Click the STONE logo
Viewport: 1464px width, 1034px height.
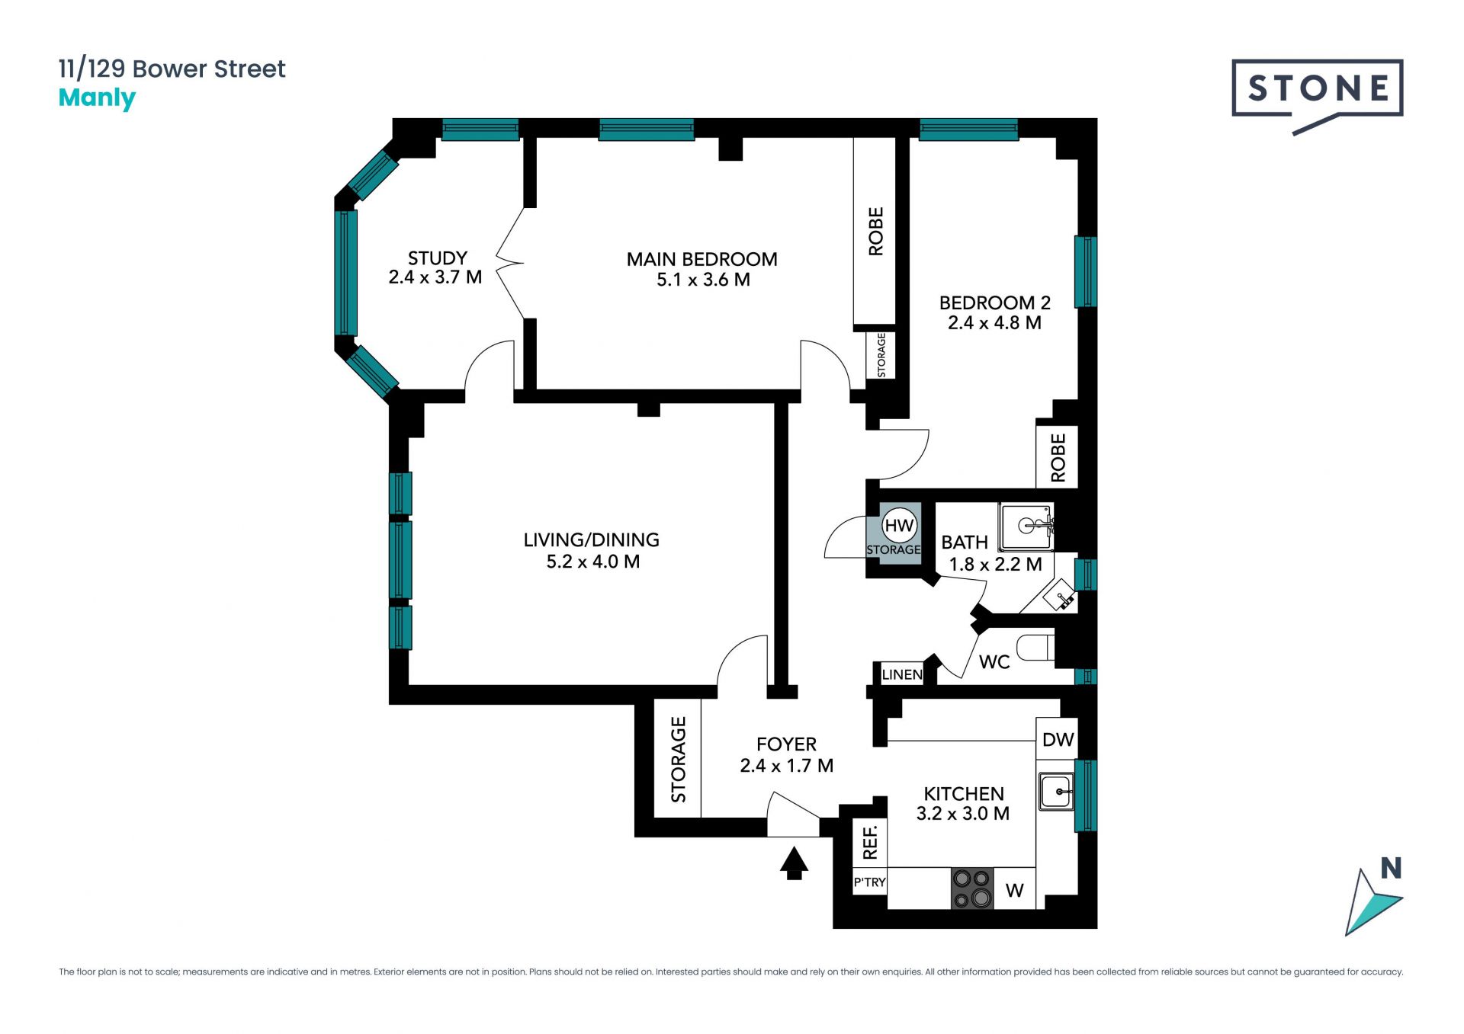click(1317, 89)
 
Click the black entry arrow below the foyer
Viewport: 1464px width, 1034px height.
click(794, 863)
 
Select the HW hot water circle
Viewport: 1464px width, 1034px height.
click(899, 525)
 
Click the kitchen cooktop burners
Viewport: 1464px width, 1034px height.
click(972, 888)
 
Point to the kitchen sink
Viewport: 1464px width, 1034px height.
click(1057, 791)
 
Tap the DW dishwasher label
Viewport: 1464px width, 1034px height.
click(1058, 739)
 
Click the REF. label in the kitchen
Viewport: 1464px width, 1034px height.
click(870, 842)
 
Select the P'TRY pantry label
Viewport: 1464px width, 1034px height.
click(869, 882)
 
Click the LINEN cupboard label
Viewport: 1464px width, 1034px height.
click(902, 674)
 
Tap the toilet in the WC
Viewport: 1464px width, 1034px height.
click(1037, 648)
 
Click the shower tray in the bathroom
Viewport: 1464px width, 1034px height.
click(1026, 527)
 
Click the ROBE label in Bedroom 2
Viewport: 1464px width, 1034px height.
click(1058, 458)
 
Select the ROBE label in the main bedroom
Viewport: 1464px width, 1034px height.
click(876, 231)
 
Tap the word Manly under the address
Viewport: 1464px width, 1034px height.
click(97, 98)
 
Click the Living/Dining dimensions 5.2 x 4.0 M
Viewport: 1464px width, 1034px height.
click(593, 562)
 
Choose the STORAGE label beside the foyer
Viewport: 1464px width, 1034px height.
click(678, 760)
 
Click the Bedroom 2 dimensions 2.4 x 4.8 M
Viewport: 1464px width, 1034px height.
click(994, 322)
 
